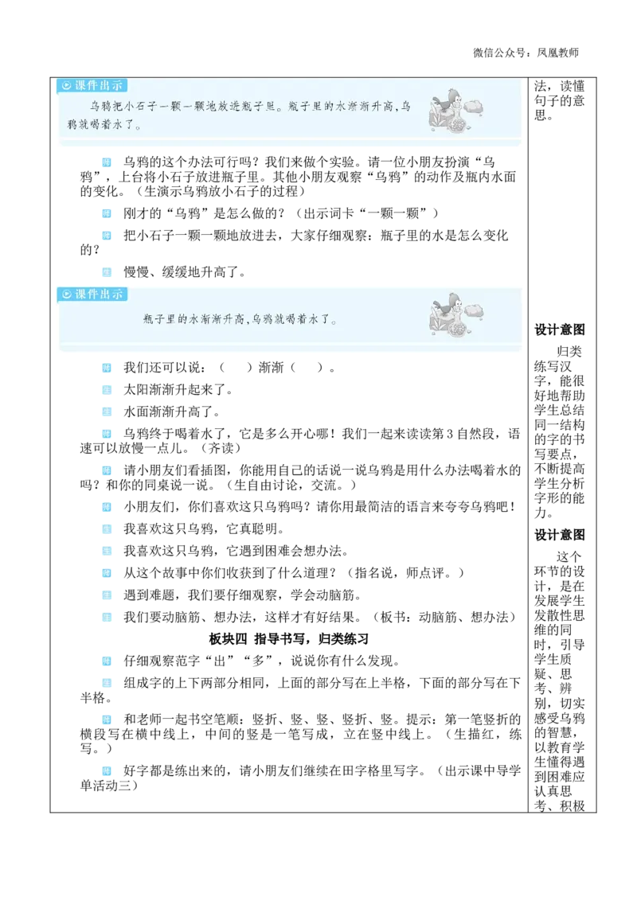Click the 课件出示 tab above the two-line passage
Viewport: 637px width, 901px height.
(x=92, y=85)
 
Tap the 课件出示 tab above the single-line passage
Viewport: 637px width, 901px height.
(x=92, y=294)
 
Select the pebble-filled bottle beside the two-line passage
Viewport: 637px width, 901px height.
(x=457, y=124)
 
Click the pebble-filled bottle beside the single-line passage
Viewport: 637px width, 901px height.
(x=457, y=328)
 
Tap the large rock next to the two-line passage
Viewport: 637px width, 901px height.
(x=473, y=106)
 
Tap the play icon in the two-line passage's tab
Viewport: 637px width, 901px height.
(x=67, y=86)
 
